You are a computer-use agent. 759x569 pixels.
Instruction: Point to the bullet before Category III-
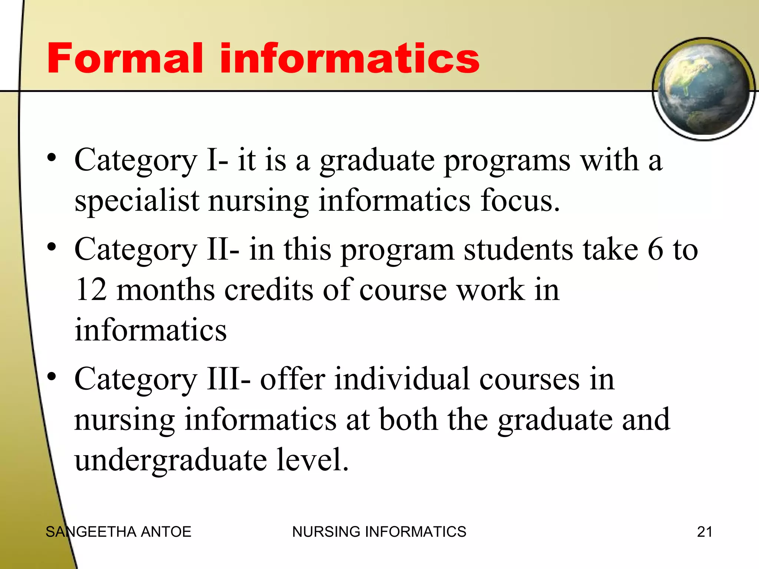[52, 376]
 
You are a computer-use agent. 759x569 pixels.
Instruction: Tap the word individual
[402, 380]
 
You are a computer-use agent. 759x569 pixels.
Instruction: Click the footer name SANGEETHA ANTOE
[118, 532]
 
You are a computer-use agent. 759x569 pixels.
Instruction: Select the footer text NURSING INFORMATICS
[379, 532]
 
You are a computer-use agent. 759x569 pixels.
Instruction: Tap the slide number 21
[705, 532]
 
